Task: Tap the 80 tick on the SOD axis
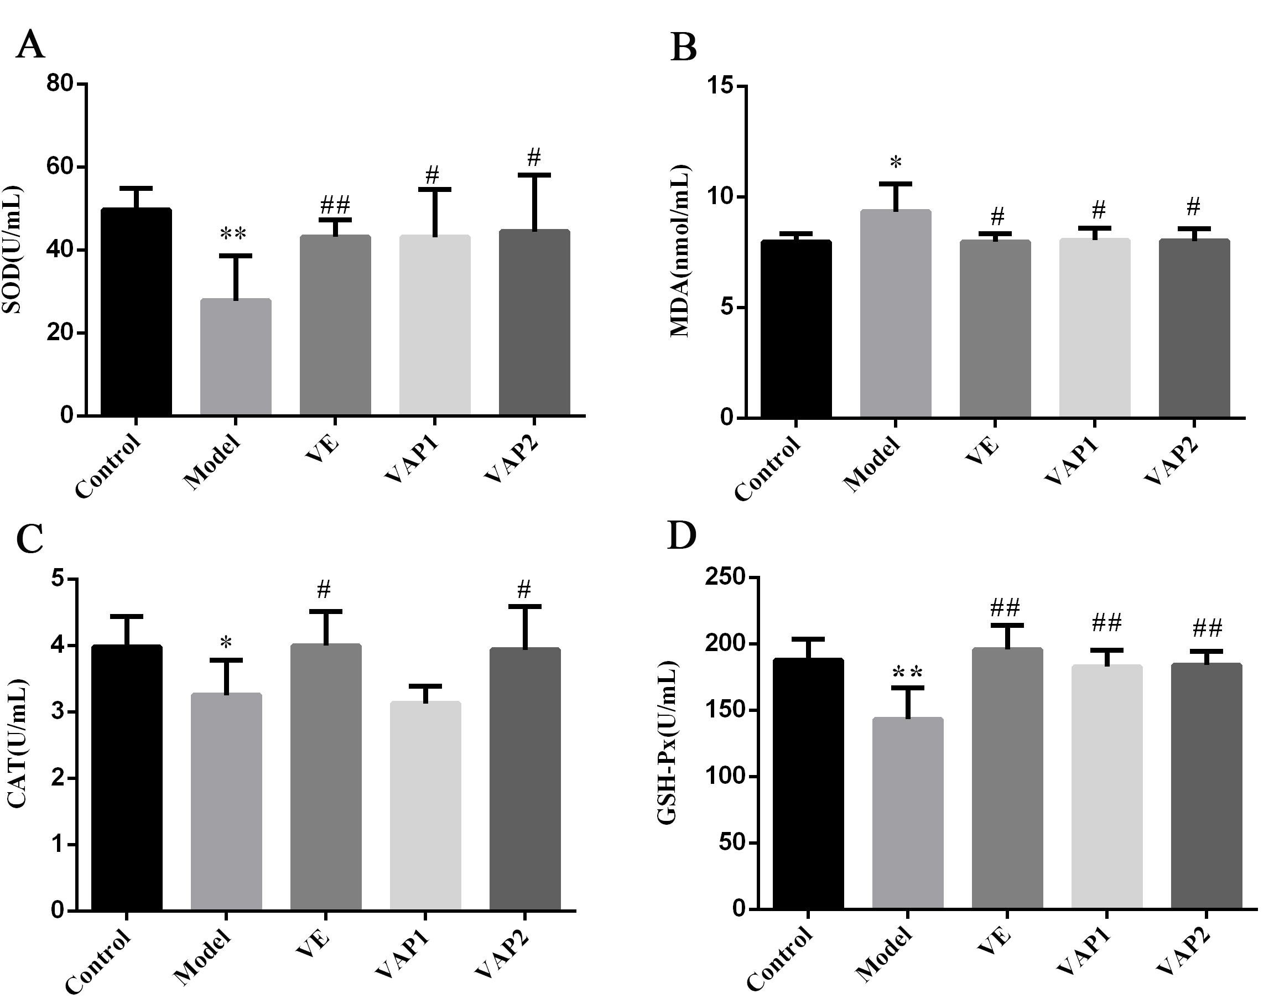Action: (60, 84)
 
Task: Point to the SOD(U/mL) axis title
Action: (12, 250)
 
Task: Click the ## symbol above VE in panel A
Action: (335, 205)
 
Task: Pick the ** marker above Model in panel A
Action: (233, 234)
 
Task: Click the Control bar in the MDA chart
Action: (795, 329)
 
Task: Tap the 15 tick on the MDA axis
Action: (721, 86)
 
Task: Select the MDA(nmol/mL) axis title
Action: (680, 252)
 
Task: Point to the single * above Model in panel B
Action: (896, 162)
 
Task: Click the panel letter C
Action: (30, 539)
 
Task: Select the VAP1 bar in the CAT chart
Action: (425, 805)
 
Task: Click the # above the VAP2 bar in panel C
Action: (524, 589)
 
